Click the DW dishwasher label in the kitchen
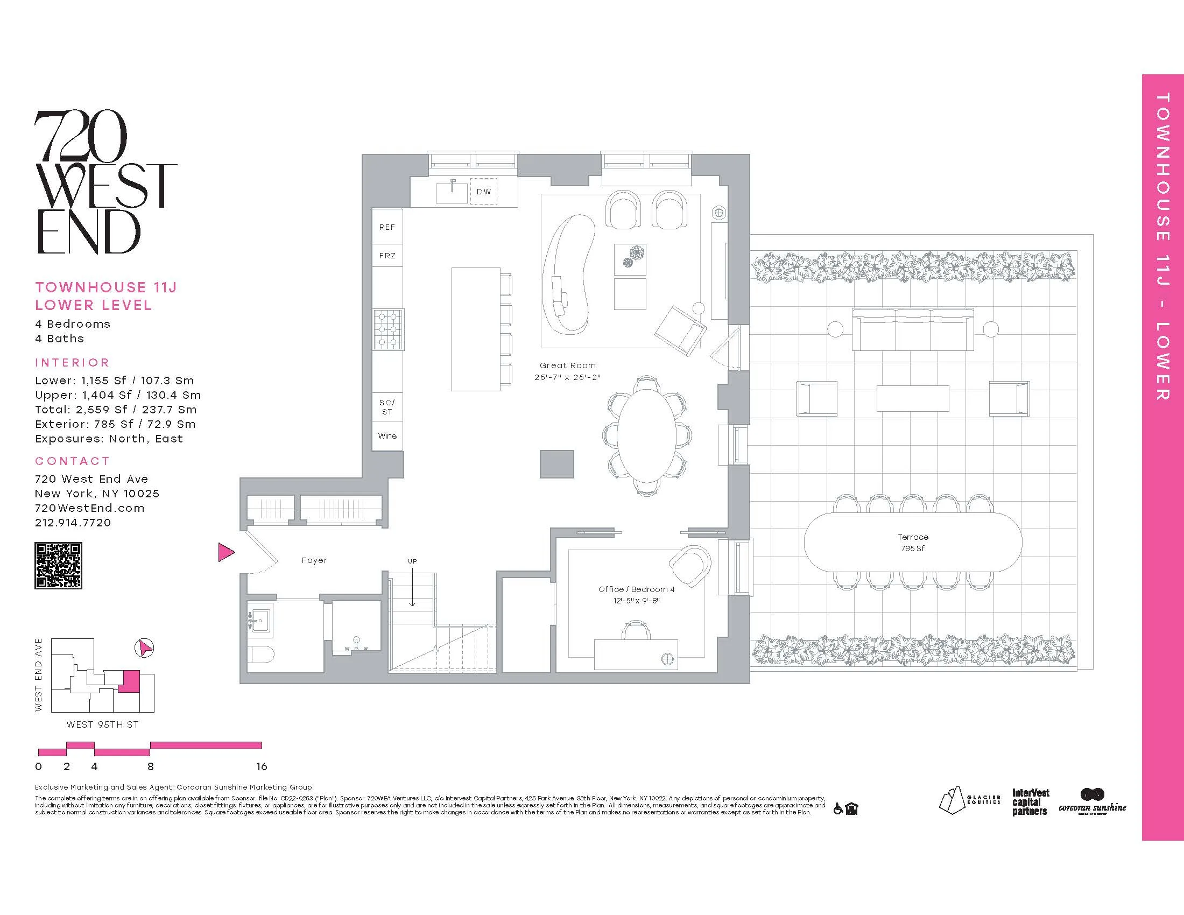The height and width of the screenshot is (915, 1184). tap(484, 192)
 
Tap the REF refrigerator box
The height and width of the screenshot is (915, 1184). tap(387, 227)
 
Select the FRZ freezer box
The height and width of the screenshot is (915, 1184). tap(387, 255)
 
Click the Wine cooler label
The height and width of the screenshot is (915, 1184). tap(387, 436)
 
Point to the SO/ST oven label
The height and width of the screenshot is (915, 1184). tap(387, 406)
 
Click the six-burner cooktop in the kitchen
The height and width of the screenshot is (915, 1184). tap(387, 329)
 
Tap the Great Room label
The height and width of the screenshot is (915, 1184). tap(568, 365)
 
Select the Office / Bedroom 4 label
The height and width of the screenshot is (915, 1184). tap(637, 589)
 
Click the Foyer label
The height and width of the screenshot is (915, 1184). tap(314, 560)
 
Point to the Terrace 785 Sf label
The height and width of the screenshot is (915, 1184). tap(913, 542)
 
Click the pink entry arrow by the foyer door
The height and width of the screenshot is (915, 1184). tap(226, 552)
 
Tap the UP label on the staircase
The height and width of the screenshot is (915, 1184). tap(413, 561)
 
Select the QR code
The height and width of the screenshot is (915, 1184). tap(58, 565)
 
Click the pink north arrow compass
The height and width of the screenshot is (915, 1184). tap(144, 647)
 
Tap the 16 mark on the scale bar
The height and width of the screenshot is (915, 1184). tap(262, 766)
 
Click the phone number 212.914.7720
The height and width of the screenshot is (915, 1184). tap(73, 523)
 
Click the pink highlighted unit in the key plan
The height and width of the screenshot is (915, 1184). tap(129, 681)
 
